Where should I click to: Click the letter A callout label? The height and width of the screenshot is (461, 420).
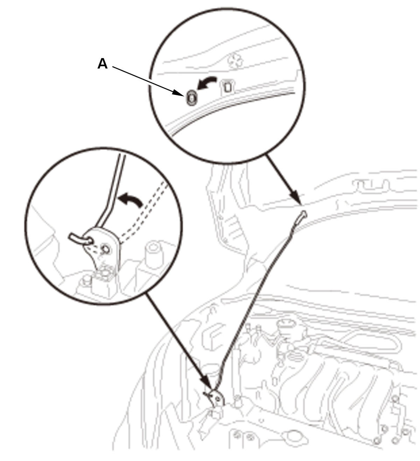point(103,64)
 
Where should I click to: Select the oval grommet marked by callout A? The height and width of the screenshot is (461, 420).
point(191,98)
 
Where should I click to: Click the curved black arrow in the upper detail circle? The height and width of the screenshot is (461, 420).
point(206,83)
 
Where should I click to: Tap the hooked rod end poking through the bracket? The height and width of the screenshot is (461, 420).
point(80,239)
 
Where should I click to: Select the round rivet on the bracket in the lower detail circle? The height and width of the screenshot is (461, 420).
point(105,249)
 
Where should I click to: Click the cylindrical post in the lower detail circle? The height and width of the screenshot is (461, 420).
point(154,255)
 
